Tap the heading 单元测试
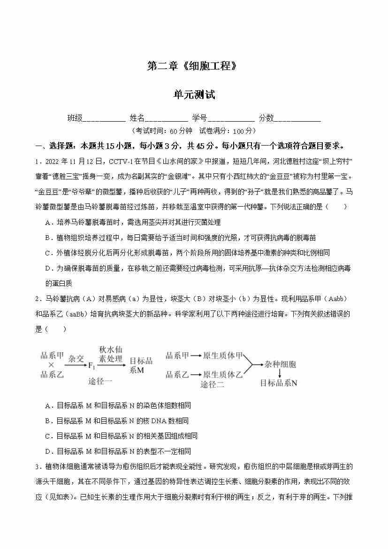(x=194, y=95)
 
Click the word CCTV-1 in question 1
(x=121, y=162)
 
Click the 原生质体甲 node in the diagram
(x=222, y=356)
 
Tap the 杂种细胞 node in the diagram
(x=280, y=364)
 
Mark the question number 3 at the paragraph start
(x=37, y=467)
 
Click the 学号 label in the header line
(x=199, y=118)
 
